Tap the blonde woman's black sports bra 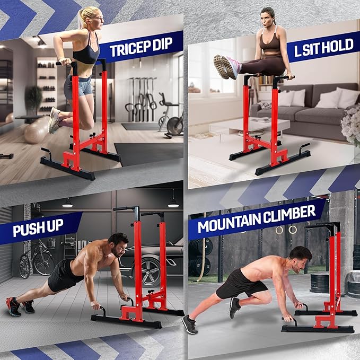point(86,55)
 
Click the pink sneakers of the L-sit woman point(225,66)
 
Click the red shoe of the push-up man point(13,306)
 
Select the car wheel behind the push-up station point(155,274)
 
